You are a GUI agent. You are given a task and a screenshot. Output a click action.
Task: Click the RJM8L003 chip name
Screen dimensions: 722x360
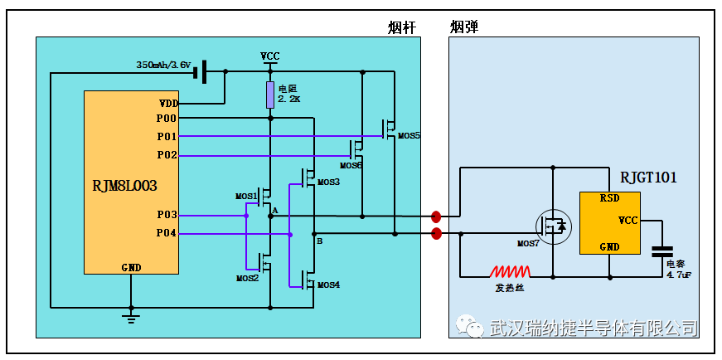[x=125, y=186]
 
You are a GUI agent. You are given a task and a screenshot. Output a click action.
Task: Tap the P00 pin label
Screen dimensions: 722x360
[x=167, y=119]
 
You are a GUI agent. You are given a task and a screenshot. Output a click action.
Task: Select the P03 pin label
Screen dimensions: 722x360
[x=167, y=215]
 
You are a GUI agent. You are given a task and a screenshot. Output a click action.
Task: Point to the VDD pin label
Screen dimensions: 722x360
[x=168, y=103]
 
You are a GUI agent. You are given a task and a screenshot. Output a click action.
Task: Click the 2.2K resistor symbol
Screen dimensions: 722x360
[x=270, y=95]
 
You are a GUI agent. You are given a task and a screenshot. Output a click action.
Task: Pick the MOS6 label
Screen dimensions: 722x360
[x=351, y=164]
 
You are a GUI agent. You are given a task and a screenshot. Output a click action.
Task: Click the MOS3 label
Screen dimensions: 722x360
[x=328, y=182]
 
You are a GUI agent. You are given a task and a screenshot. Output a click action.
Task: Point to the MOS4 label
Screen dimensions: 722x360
[x=328, y=285]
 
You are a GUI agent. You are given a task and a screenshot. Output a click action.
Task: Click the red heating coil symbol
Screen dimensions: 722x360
[x=510, y=271]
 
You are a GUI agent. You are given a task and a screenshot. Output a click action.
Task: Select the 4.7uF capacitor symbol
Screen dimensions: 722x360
[x=662, y=251]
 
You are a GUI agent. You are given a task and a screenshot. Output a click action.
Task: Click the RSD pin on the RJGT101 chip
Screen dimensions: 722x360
[x=609, y=199]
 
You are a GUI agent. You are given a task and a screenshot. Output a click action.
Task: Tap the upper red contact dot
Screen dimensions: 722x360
[x=435, y=216]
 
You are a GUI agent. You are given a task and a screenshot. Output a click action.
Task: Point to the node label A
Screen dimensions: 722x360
[x=275, y=210]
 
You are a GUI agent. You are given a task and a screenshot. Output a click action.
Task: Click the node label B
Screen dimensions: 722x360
[x=320, y=241]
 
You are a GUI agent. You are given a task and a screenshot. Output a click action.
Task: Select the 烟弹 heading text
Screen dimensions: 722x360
[x=464, y=27]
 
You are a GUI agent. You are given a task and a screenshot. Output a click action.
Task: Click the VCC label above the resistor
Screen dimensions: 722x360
[x=270, y=56]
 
